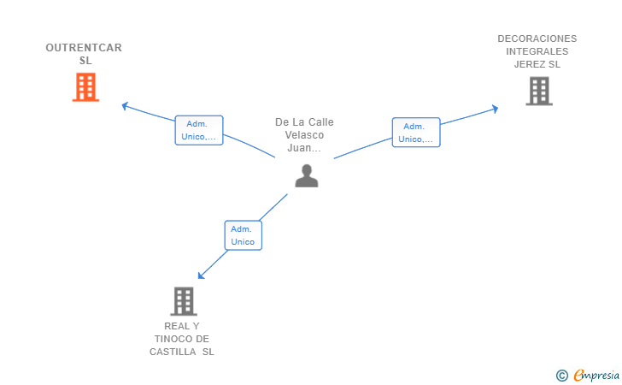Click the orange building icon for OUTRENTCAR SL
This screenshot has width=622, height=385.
[x=85, y=87]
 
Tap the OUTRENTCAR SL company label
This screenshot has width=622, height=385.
[x=84, y=54]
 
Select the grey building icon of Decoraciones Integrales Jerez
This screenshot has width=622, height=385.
[x=538, y=91]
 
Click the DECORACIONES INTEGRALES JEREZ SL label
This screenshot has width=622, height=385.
[x=537, y=51]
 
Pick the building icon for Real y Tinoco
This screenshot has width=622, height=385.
[x=184, y=301]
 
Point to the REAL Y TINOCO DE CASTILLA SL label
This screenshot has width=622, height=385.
[x=182, y=339]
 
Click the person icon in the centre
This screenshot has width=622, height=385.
[x=306, y=175]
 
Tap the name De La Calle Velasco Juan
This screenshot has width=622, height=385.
[x=304, y=134]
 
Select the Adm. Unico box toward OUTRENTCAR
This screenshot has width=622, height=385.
[x=199, y=130]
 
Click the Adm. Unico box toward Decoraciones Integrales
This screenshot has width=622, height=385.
[x=416, y=133]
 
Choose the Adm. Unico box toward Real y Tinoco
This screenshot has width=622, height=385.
[x=243, y=235]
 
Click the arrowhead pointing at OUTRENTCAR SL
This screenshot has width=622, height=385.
[x=125, y=106]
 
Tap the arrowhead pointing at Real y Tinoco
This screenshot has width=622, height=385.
[x=201, y=275]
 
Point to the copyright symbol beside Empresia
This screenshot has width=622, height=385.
[x=561, y=375]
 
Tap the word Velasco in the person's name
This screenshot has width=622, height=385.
[x=304, y=134]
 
